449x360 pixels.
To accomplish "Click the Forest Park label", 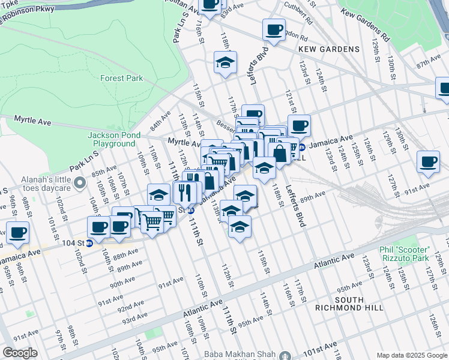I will tap(121, 78).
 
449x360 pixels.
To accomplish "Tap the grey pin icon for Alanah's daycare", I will tap(79, 182).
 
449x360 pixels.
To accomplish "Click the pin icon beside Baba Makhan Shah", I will tap(285, 355).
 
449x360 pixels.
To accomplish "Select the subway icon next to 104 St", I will tap(89, 243).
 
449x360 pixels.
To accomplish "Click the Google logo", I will tap(19, 353).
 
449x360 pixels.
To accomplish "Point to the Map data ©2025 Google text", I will tap(412, 355).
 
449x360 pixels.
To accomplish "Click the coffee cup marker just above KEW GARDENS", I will tap(274, 29).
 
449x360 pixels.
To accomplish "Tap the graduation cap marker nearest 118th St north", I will tap(226, 62).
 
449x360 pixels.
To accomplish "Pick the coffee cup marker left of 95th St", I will tap(17, 232).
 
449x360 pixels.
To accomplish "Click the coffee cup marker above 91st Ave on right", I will tap(428, 162).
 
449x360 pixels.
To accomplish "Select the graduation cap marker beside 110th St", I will tap(158, 194).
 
